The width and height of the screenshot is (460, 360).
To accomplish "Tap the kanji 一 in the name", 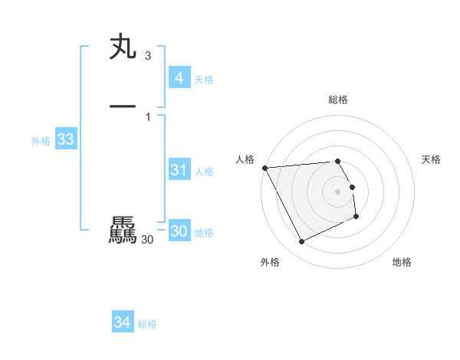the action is click(123, 106).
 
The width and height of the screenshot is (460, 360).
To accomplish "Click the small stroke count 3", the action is click(147, 57).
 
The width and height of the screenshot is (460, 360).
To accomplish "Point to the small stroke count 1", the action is click(147, 116).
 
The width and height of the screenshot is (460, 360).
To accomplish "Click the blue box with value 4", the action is click(179, 78).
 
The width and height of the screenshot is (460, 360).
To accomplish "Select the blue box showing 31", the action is click(179, 170).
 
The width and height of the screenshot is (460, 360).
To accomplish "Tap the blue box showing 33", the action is click(65, 139).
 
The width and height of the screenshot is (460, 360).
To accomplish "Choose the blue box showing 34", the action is click(122, 323).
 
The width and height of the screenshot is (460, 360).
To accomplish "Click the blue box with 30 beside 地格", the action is click(179, 232).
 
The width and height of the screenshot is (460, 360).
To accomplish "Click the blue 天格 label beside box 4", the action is click(204, 80).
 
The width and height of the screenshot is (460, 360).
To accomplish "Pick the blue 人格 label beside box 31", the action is click(204, 172).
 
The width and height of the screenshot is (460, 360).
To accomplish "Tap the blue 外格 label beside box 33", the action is click(41, 141).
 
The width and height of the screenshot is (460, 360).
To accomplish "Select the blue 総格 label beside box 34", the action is click(147, 325).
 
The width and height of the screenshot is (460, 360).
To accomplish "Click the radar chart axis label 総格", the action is click(338, 100).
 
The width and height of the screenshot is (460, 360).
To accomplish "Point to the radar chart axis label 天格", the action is click(432, 159).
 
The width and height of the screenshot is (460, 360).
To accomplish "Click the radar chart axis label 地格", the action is click(402, 262).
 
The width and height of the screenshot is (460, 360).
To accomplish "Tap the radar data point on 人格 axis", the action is click(264, 168).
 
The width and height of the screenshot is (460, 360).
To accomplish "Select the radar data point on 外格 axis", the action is click(301, 242).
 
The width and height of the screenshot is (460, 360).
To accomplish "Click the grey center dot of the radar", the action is click(338, 191).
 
